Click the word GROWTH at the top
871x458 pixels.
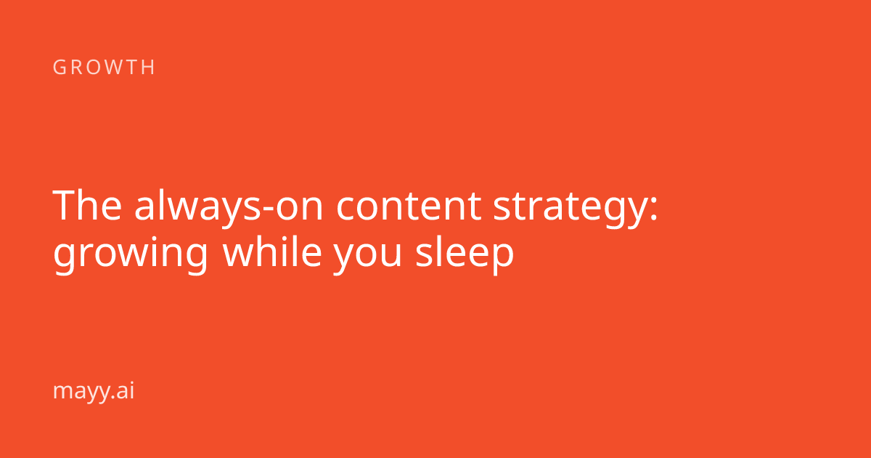pos(104,67)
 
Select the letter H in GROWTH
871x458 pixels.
pos(149,67)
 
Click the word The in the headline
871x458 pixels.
pos(88,205)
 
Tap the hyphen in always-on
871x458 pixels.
pos(269,209)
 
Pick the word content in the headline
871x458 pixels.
pos(409,206)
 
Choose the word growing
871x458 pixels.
pos(131,254)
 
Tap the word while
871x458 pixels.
pos(271,251)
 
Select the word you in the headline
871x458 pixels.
pos(367,256)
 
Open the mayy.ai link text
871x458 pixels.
pos(94,391)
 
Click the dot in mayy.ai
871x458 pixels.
pos(113,397)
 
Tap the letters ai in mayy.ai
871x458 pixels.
pos(125,390)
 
